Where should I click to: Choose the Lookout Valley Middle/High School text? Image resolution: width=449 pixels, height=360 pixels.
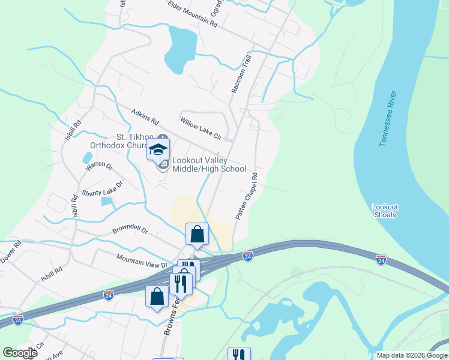(x=209, y=164)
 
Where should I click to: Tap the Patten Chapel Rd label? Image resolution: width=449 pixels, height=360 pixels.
(x=246, y=196)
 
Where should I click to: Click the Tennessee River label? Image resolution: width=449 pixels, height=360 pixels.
(x=388, y=119)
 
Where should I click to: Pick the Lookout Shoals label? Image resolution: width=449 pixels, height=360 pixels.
(x=385, y=211)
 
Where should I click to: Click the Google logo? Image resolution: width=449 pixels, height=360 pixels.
(x=19, y=353)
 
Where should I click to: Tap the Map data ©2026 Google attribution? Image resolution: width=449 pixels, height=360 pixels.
(x=411, y=355)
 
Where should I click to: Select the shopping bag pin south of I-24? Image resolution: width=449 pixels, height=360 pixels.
(x=157, y=297)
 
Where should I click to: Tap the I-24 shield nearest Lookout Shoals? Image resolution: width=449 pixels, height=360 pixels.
(x=381, y=259)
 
